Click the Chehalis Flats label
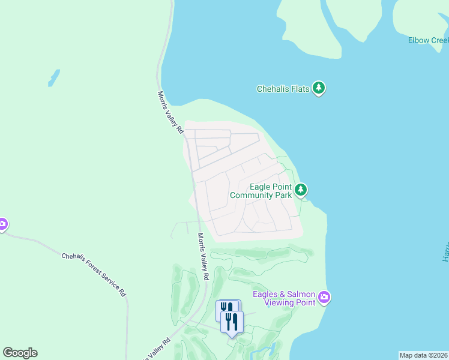pos(283,89)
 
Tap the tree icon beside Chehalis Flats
pos(319,89)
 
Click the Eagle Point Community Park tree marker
pos(301,190)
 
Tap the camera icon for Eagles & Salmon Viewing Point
pos(325,297)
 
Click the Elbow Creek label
pos(428,40)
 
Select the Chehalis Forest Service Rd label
pos(94,274)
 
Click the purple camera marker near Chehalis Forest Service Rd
pos(2,224)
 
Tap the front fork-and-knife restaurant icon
pos(232,322)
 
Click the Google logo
pos(20,353)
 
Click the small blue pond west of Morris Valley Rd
pos(54,78)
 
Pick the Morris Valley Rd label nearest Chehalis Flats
pos(170,112)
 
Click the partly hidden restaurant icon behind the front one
pos(225,308)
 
